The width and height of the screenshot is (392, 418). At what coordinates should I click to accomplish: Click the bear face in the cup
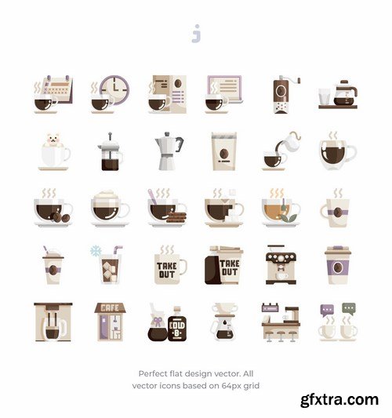click(54, 140)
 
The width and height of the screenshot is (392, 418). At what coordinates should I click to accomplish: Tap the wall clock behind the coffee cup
click(114, 89)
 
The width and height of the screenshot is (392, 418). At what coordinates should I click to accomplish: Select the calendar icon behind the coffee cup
click(58, 89)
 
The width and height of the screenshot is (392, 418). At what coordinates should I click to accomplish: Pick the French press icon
click(110, 152)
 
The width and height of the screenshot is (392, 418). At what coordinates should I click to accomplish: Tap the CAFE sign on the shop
click(110, 308)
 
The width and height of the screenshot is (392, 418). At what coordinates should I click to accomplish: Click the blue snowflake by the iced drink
click(95, 251)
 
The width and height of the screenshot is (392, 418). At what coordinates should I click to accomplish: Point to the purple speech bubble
click(327, 310)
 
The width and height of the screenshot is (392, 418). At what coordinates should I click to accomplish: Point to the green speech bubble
click(349, 308)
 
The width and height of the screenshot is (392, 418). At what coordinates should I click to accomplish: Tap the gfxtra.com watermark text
click(339, 400)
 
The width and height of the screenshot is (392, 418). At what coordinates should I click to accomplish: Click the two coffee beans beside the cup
click(61, 217)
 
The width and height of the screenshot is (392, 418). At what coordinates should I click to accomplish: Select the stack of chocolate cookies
click(176, 217)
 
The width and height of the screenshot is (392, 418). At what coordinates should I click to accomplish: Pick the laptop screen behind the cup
click(224, 88)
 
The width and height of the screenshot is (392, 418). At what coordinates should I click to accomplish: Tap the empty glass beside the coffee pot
click(325, 96)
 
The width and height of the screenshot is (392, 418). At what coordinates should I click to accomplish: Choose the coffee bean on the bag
click(224, 153)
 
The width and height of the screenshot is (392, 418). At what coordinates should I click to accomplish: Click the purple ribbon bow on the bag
click(157, 322)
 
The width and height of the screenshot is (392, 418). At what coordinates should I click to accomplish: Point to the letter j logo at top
click(196, 34)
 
